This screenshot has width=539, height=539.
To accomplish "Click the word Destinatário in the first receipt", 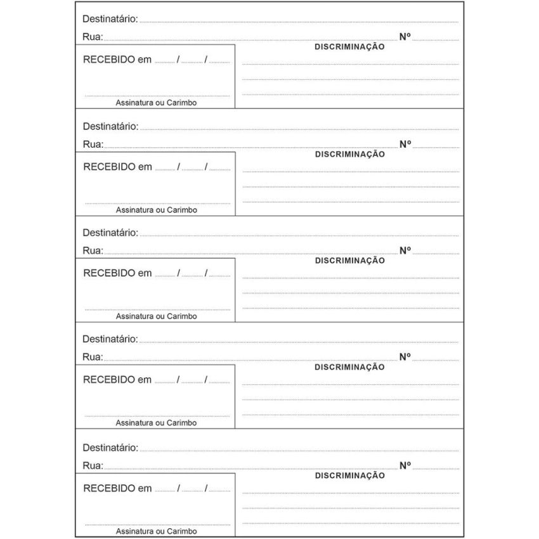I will (110, 19).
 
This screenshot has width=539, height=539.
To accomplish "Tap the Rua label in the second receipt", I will (93, 144).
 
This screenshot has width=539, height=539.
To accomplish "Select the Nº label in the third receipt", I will (405, 250).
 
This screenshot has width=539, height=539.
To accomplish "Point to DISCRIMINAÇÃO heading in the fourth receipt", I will (349, 367).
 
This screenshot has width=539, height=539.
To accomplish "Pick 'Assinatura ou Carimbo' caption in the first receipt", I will (156, 103).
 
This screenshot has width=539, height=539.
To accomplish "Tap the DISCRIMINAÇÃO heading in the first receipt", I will (349, 47).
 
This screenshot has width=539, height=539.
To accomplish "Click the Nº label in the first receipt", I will (405, 37).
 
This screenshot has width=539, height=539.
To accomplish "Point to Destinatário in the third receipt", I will (110, 233).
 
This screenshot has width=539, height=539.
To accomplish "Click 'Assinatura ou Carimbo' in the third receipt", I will (156, 316).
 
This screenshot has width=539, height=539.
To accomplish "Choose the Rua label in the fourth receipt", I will (93, 357).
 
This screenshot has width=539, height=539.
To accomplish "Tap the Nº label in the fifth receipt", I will (405, 465).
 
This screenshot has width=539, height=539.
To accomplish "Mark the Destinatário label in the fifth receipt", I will (110, 448).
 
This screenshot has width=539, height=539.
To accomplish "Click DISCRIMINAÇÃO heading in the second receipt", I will (349, 154).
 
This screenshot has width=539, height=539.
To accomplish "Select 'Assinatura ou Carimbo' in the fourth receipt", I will (156, 422).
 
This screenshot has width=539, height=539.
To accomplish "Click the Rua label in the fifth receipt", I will (93, 465).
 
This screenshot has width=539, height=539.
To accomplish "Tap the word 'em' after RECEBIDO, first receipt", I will (145, 60).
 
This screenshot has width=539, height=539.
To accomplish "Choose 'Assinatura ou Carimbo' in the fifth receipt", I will (156, 531).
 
